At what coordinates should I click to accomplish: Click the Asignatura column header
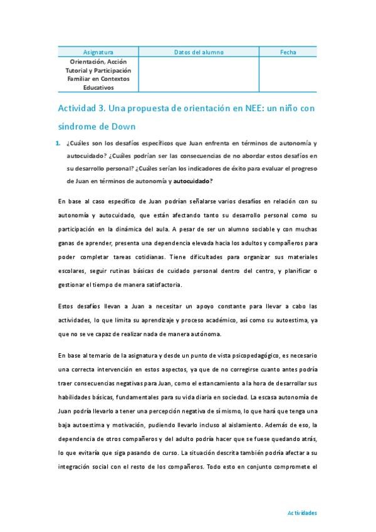[x=98, y=52]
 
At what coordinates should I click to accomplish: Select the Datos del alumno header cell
[x=199, y=52]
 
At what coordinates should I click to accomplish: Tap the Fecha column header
[x=288, y=52]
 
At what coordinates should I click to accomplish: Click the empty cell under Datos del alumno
[x=199, y=75]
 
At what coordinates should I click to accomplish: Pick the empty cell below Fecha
[x=288, y=75]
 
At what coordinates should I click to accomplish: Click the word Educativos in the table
[x=98, y=88]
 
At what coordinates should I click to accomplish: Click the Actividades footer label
[x=302, y=513]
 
